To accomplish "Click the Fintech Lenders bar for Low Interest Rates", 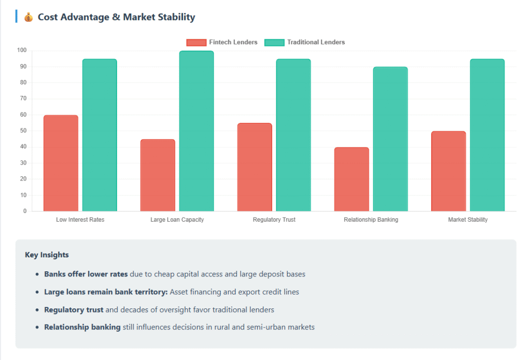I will click(x=61, y=163).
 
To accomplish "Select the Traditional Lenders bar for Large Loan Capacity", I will click(x=196, y=131).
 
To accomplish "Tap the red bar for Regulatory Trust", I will click(x=254, y=167).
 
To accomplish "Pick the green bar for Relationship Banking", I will click(x=390, y=139).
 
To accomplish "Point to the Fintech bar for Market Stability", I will click(x=448, y=171).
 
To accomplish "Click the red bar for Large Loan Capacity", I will click(x=158, y=175).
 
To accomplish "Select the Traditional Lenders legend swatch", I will click(x=274, y=42).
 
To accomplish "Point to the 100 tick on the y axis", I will click(x=22, y=51).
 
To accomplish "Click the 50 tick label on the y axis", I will click(x=23, y=131).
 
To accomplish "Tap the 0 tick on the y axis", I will click(x=25, y=211).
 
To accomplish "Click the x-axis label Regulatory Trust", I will click(x=274, y=220).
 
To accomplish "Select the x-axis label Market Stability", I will click(x=468, y=220).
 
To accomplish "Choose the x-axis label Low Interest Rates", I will click(x=80, y=220).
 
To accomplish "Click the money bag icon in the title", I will click(x=28, y=18).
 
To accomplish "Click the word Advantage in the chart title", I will click(x=85, y=17).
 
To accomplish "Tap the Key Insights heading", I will click(x=46, y=255).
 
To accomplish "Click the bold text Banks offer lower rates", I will click(x=86, y=274).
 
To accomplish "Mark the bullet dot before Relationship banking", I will click(x=37, y=328).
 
